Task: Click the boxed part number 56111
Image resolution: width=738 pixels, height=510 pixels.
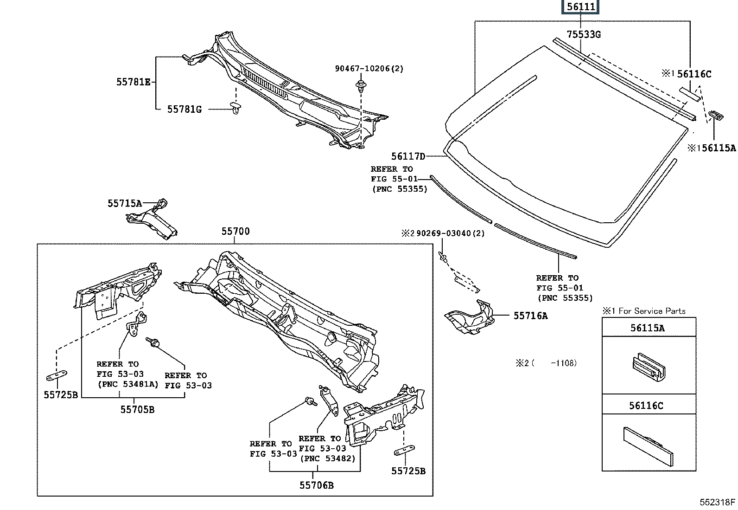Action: [x=580, y=7]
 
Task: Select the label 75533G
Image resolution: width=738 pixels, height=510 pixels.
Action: [x=584, y=34]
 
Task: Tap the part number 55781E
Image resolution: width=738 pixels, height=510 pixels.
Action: [x=133, y=82]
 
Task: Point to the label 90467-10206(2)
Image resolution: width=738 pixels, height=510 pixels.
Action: [x=369, y=69]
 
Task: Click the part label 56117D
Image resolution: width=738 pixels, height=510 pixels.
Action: [x=408, y=156]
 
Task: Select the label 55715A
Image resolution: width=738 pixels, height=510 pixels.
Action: [x=124, y=203]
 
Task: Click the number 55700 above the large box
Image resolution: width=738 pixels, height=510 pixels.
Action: [x=235, y=231]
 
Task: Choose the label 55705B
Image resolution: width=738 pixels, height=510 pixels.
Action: [x=137, y=409]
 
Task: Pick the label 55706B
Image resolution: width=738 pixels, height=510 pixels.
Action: [x=316, y=485]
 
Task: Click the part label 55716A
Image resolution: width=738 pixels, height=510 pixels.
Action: [x=530, y=316]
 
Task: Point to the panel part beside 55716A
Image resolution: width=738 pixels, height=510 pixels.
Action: [x=469, y=318]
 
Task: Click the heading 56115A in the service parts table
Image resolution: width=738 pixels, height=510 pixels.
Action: [x=647, y=328]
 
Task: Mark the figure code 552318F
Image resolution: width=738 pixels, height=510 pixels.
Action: [x=717, y=502]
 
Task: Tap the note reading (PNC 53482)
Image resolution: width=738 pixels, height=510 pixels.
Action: [x=328, y=458]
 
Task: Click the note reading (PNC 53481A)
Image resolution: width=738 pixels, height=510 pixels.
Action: [x=128, y=384]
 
